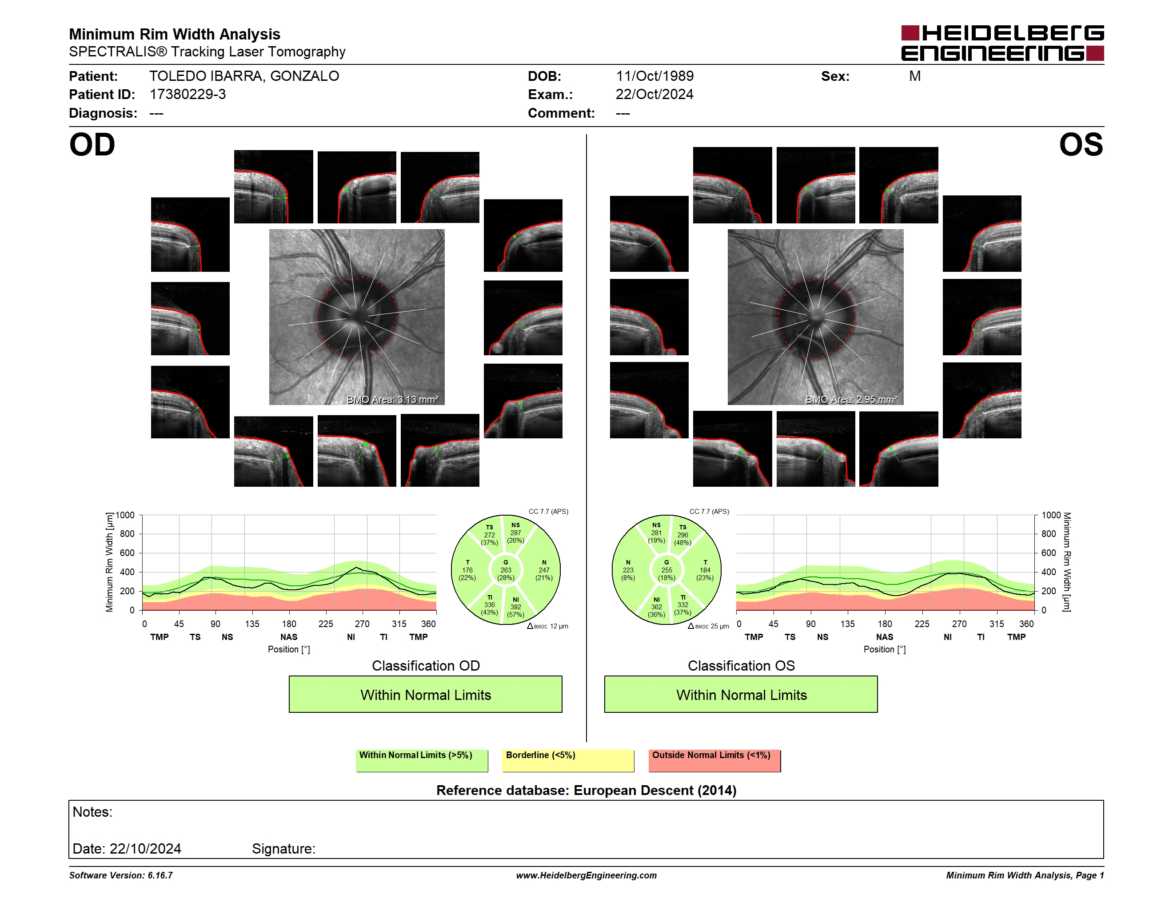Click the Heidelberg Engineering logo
tap(1002, 43)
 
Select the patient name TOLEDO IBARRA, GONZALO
tap(244, 76)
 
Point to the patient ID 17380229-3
tap(188, 95)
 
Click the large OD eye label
tap(92, 144)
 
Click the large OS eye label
tap(1081, 144)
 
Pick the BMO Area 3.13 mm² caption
tap(393, 399)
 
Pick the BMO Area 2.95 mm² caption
tap(851, 399)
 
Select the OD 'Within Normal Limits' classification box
tap(425, 694)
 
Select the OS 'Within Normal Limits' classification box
tap(741, 694)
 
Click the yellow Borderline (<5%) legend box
tap(568, 760)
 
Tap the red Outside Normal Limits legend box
tap(714, 760)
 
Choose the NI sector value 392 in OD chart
tap(515, 607)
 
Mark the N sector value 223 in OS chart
tap(628, 570)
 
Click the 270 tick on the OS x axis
tap(959, 624)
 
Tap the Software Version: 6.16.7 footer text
tap(121, 875)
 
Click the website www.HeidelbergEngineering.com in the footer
tap(586, 875)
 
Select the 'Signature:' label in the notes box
tap(283, 849)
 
